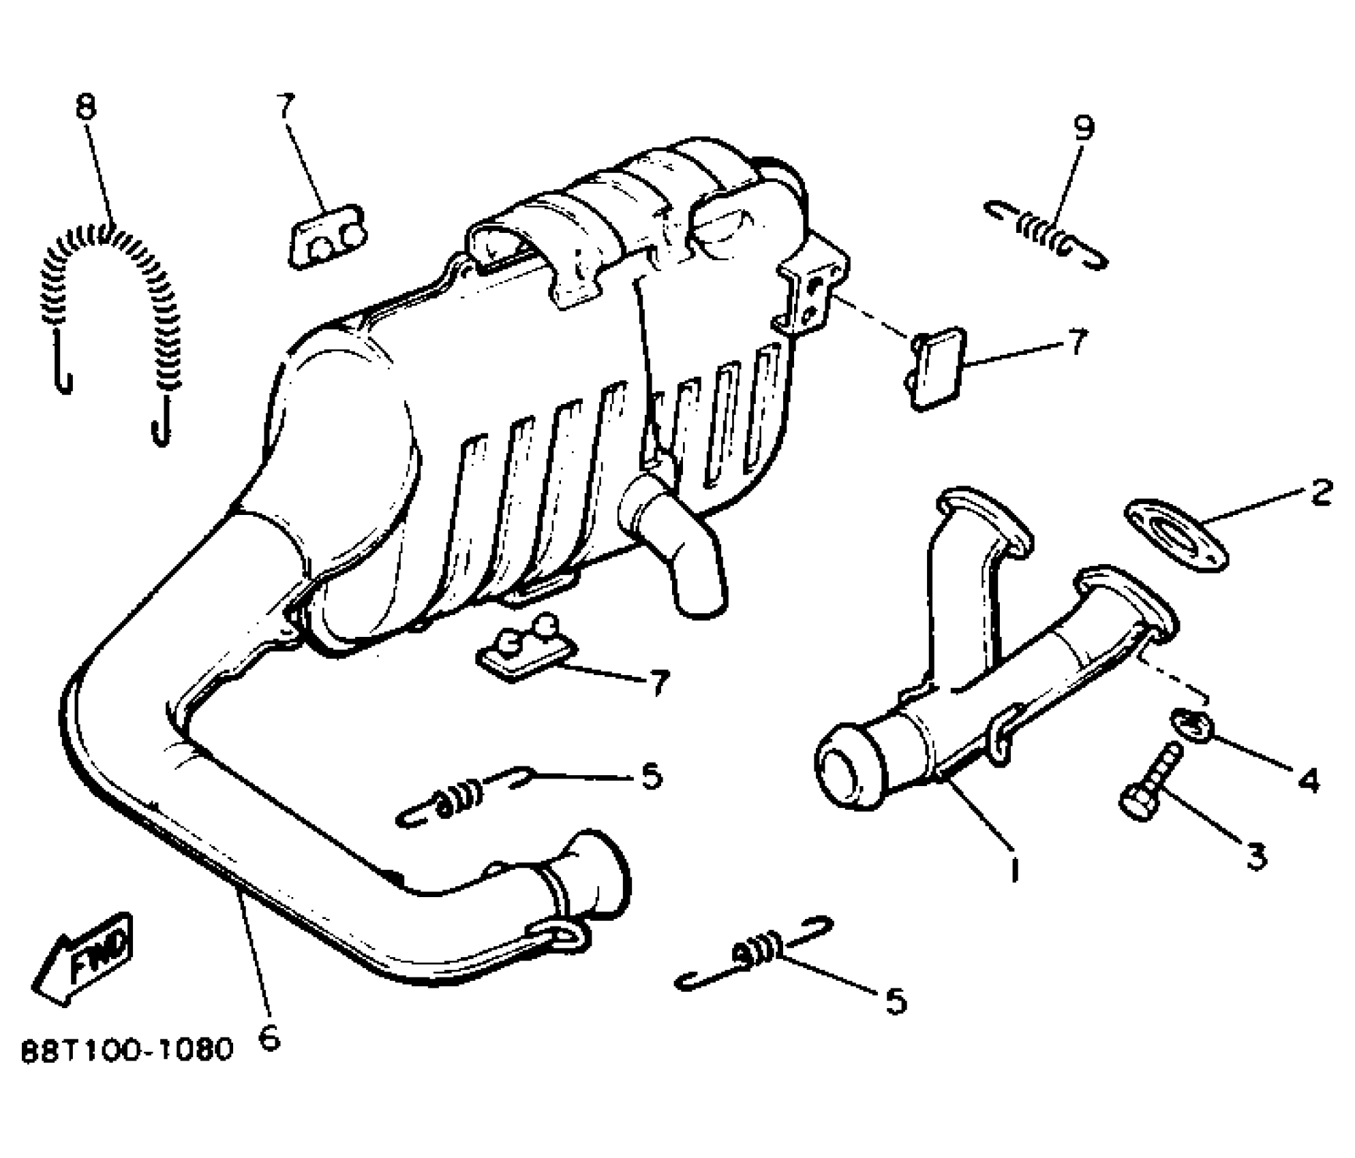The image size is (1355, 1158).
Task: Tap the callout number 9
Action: [x=1083, y=128]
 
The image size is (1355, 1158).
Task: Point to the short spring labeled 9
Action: [x=1046, y=235]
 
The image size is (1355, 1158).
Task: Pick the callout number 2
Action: [x=1322, y=491]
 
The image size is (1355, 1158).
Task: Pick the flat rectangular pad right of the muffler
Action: [x=937, y=367]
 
